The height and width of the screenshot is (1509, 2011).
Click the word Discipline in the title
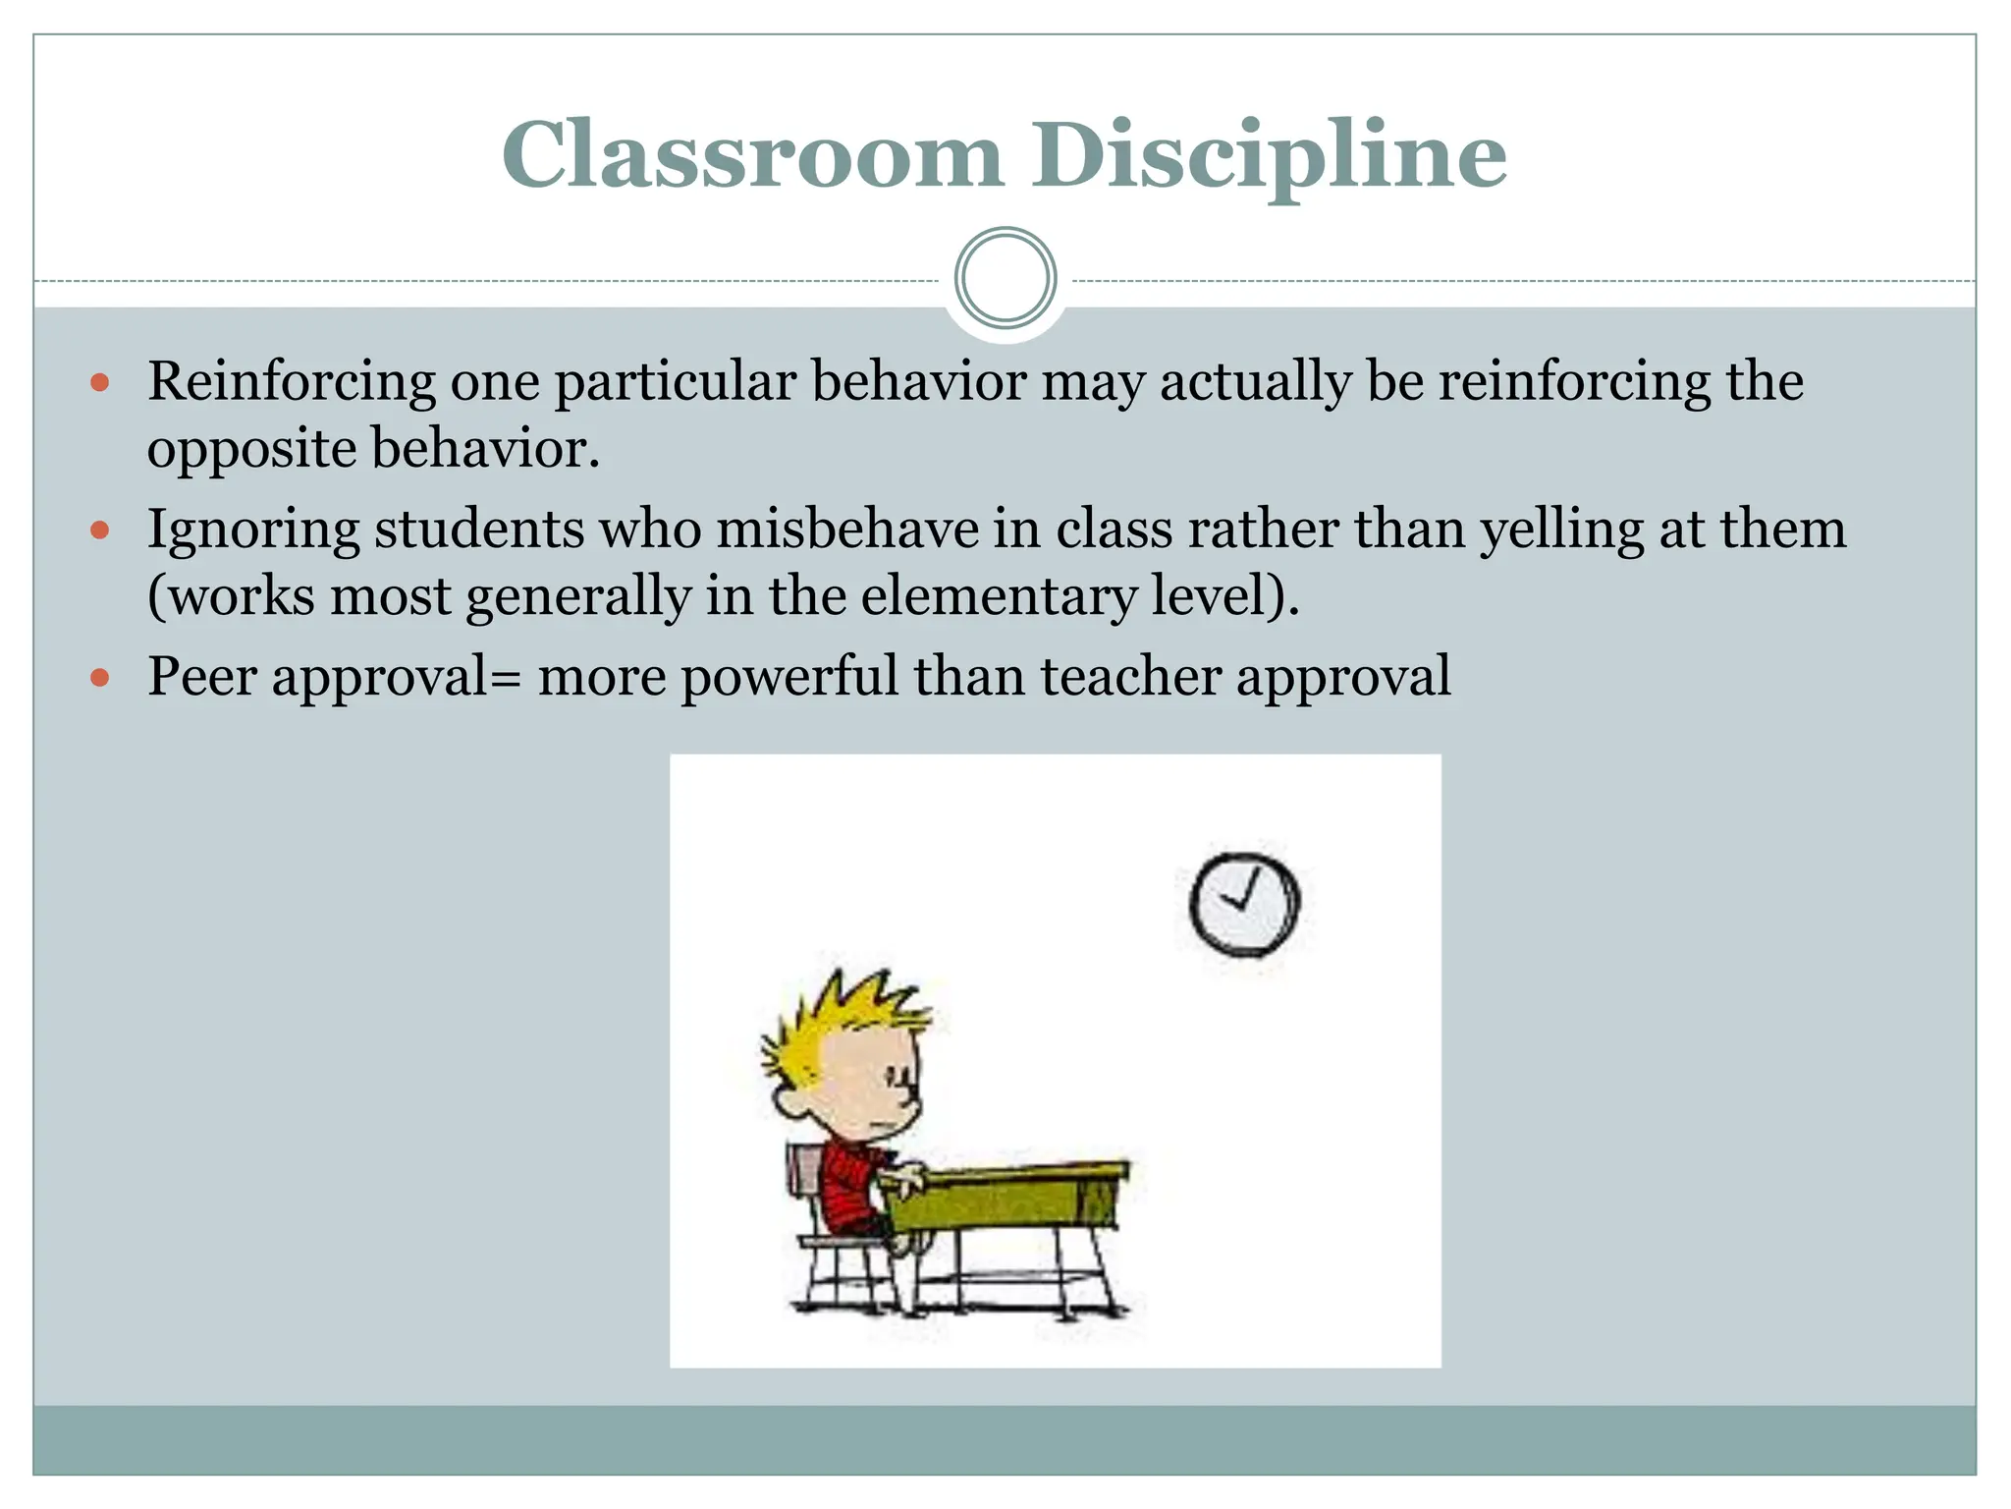coord(1268,155)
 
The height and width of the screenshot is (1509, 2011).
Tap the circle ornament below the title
coord(1005,278)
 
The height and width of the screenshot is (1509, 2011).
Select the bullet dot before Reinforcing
coord(99,382)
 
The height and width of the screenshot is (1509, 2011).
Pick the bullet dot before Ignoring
coord(99,531)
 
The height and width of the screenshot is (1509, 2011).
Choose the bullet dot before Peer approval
coord(99,678)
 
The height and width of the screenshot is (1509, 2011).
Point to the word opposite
coord(250,449)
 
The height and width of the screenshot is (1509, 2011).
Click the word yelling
coord(1561,530)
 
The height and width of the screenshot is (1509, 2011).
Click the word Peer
coord(202,677)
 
